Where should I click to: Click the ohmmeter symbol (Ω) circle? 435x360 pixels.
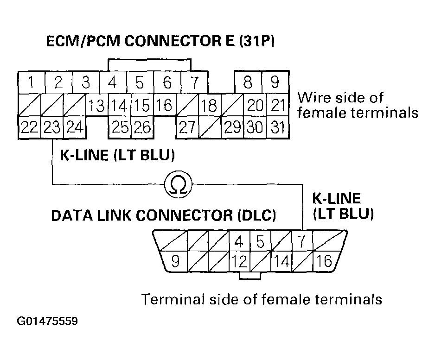click(x=178, y=185)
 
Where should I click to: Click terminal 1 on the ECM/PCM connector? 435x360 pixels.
click(x=31, y=83)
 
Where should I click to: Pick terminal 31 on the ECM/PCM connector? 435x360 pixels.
click(x=277, y=126)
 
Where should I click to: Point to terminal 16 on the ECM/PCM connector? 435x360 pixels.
click(x=164, y=105)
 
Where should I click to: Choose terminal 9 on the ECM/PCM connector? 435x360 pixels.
click(x=275, y=83)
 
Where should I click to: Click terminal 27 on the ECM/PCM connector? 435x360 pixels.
click(x=187, y=126)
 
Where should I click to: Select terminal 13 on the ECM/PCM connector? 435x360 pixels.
click(x=96, y=105)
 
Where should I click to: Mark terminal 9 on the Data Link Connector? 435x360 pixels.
click(x=175, y=262)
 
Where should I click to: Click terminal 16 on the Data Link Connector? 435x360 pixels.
click(x=325, y=262)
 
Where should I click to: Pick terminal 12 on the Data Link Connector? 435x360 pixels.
click(x=239, y=262)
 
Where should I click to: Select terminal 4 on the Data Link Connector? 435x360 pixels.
click(x=239, y=241)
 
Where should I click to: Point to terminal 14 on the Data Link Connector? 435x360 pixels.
click(x=281, y=262)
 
